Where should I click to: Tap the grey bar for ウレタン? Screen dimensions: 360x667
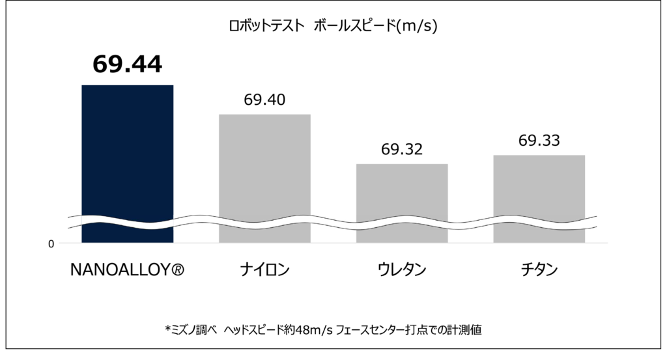pos(402,189)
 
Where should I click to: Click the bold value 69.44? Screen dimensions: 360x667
pos(127,64)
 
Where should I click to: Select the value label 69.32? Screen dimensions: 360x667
pos(402,149)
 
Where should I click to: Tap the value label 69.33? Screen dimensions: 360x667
pos(539,141)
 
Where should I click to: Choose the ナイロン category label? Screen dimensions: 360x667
pos(264,270)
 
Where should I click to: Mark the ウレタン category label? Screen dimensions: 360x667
pos(402,270)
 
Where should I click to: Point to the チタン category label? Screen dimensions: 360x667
pos(539,270)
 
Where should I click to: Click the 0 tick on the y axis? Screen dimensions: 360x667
pos(51,244)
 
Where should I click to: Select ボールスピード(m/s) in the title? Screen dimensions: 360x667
pos(375,27)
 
